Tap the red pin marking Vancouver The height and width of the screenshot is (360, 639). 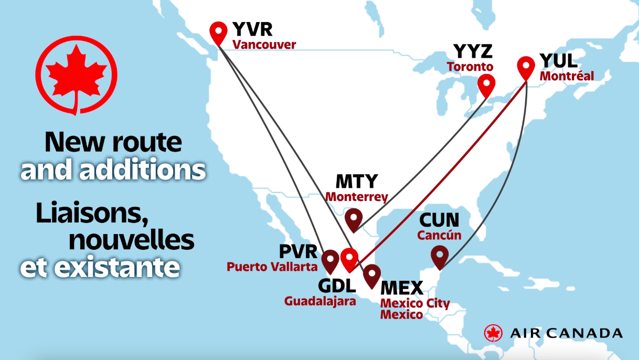pos(218,32)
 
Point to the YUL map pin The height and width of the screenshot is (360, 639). pos(526,66)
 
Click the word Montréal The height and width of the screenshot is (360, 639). pos(567,76)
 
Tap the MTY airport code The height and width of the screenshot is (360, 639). pos(356,181)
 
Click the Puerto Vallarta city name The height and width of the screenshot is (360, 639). pos(272,267)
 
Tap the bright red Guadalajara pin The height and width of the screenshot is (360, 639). pos(349,257)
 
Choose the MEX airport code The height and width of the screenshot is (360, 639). pos(401,288)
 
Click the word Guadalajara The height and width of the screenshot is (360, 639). pos(320,301)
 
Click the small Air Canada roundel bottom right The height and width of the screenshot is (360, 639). pos(493,333)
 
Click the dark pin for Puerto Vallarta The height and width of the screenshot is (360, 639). pos(330,260)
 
